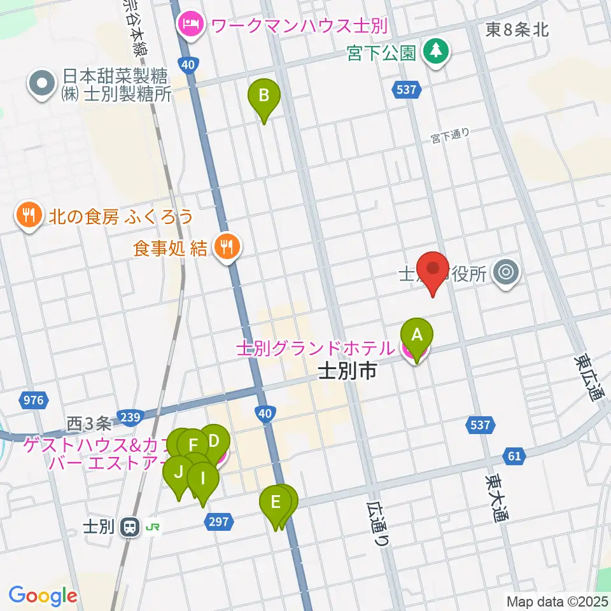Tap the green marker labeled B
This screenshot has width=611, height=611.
point(267,97)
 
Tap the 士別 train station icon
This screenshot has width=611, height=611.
point(130,527)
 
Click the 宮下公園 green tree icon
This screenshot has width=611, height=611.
point(437,52)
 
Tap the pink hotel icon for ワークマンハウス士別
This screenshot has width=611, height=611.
point(190,26)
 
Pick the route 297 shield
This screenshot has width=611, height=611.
point(217,522)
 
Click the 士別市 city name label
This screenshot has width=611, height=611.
point(347,371)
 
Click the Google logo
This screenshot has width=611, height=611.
point(43,595)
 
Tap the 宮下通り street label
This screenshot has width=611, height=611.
point(450,135)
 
